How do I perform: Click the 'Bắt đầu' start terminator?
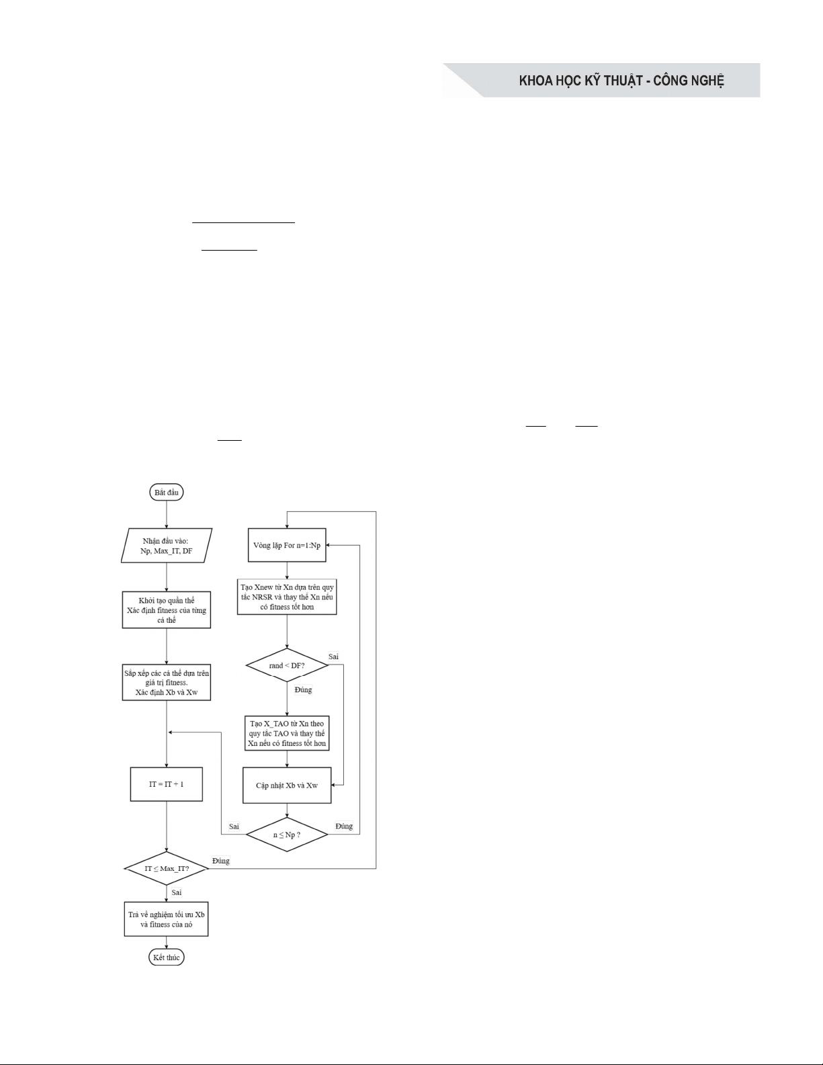[166, 492]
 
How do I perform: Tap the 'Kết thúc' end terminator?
[166, 957]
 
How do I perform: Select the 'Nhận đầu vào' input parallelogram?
[167, 545]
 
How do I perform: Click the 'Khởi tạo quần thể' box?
[167, 610]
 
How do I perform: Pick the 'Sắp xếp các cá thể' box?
[167, 682]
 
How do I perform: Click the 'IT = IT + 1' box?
[167, 784]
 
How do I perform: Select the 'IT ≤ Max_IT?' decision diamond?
[167, 869]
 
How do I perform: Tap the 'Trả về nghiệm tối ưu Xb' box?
[167, 919]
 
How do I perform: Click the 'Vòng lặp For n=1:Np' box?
[287, 545]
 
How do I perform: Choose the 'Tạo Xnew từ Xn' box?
[287, 597]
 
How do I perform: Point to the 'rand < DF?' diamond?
[287, 666]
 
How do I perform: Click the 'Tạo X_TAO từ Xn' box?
[287, 734]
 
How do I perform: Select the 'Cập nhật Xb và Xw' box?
[287, 785]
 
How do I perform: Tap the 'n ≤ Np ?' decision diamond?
[287, 835]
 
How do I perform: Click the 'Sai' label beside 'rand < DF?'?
[333, 656]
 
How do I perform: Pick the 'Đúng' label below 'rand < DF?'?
[303, 689]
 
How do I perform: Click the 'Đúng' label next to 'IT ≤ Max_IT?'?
[220, 860]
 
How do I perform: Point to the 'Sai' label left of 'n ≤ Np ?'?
[234, 826]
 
